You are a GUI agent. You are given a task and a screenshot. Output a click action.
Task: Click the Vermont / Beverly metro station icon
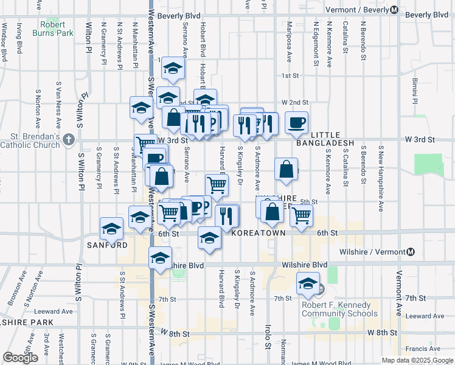pos(395,10)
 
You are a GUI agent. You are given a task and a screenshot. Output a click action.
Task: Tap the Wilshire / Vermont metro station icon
pos(411,252)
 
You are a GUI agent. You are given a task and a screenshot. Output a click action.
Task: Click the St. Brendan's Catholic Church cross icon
pos(68,140)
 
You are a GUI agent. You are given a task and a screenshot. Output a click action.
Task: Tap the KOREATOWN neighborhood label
pos(259,233)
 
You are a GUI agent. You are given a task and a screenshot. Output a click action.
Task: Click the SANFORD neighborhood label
pos(107,245)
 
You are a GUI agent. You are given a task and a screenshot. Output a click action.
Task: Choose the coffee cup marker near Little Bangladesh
pos(296,122)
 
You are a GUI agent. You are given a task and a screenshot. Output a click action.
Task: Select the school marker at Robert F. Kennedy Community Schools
pos(308,283)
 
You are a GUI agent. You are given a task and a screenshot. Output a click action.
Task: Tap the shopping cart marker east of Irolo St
pos(301,215)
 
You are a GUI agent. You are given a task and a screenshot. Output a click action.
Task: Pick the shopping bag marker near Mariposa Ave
pos(286,169)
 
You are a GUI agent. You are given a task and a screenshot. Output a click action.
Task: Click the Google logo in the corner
pos(20,358)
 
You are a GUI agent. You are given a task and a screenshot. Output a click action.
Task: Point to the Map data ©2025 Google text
pos(417,360)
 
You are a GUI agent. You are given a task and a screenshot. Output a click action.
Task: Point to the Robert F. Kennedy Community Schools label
pos(339,310)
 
